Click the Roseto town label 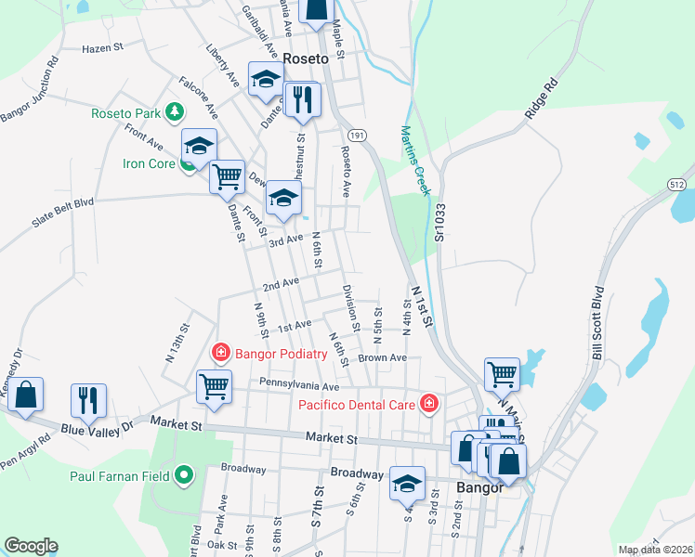(306, 58)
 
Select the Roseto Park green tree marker (173, 113)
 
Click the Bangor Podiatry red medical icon (221, 353)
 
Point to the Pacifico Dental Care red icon (428, 403)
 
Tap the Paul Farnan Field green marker (184, 476)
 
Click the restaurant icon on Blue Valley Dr (89, 400)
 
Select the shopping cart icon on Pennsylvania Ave (214, 385)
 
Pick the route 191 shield (358, 135)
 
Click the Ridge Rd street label (541, 96)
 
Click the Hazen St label (102, 47)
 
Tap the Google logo (31, 545)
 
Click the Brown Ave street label (383, 357)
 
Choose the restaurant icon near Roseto (301, 100)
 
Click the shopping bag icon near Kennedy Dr (26, 395)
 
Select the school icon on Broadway (407, 484)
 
